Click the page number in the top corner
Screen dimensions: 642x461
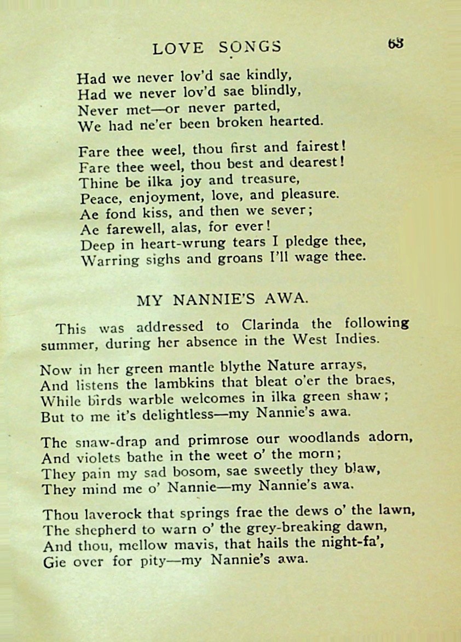[396, 43]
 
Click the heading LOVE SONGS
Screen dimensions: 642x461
[217, 48]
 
